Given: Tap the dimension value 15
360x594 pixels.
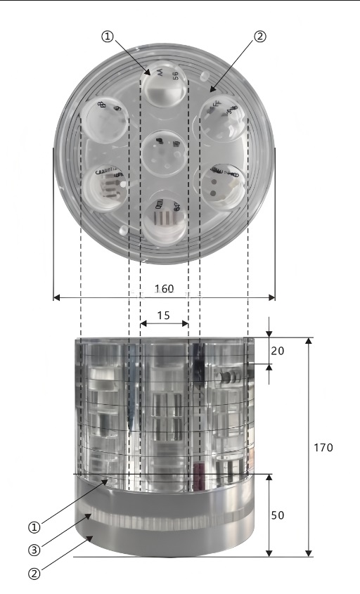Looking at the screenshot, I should (163, 316).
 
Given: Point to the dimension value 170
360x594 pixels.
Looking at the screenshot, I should (323, 447).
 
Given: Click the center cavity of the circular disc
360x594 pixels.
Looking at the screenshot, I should (164, 150).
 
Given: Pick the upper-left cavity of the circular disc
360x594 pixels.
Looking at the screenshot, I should (106, 117).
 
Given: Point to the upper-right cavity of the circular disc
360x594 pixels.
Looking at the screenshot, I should (223, 118).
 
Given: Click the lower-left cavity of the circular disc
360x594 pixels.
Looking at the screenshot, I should (106, 186).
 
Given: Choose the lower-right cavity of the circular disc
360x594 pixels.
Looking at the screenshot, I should (223, 185).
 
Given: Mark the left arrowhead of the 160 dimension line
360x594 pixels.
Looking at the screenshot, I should (56, 297).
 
